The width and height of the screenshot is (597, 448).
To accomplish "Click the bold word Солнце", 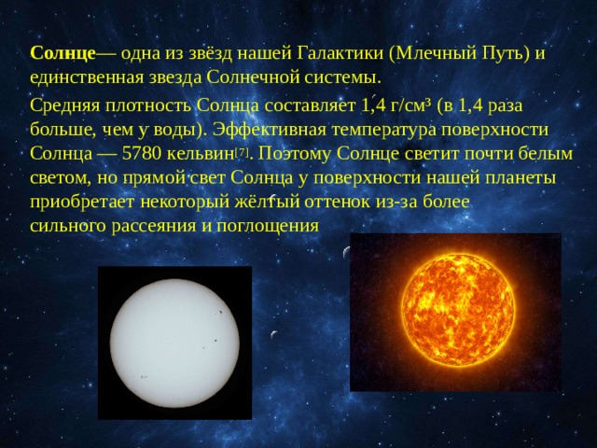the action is click(x=62, y=53).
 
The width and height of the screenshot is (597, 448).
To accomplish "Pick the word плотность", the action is click(x=148, y=105).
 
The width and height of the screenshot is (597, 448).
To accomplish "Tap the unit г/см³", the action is click(x=408, y=105).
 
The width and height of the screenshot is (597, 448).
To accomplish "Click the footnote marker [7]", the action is click(x=242, y=153).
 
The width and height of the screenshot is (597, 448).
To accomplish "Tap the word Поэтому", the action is click(x=295, y=154).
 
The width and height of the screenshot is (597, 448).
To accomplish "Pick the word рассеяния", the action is click(x=154, y=227).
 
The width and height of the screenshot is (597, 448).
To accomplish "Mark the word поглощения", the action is click(x=268, y=227).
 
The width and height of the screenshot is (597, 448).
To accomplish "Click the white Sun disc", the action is click(x=174, y=343).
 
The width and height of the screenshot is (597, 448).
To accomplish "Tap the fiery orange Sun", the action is click(x=458, y=311).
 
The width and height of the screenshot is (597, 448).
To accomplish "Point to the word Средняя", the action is click(x=64, y=105).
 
